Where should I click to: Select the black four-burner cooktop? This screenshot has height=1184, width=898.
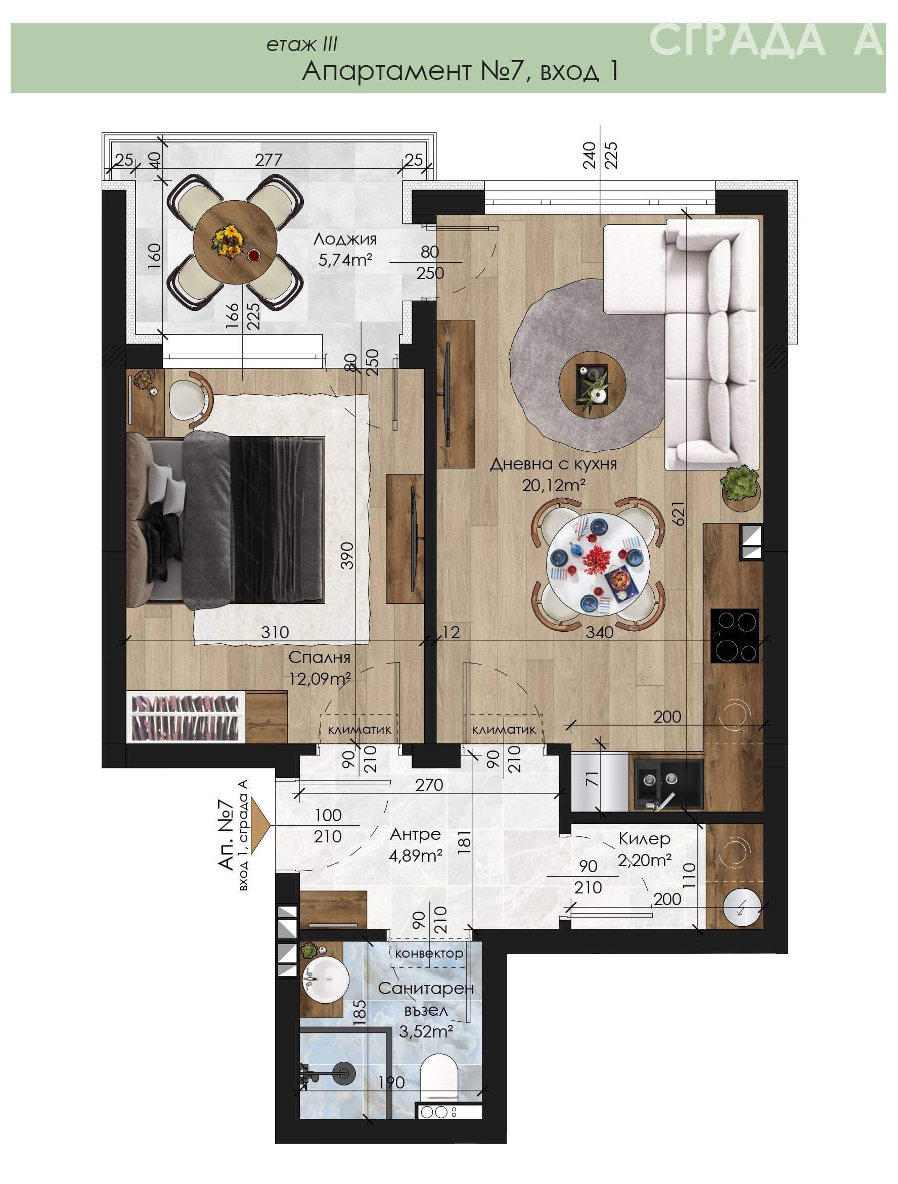pos(735,636)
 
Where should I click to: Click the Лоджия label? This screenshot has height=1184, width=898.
pos(345,239)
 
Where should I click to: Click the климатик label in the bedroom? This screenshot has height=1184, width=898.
pos(360,729)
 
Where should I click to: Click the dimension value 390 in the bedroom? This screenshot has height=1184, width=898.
pos(347,555)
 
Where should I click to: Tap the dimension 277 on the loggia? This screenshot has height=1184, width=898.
pos(268,160)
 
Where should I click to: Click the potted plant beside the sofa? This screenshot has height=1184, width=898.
pos(741,483)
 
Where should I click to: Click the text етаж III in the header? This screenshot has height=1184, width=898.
pos(302,45)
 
